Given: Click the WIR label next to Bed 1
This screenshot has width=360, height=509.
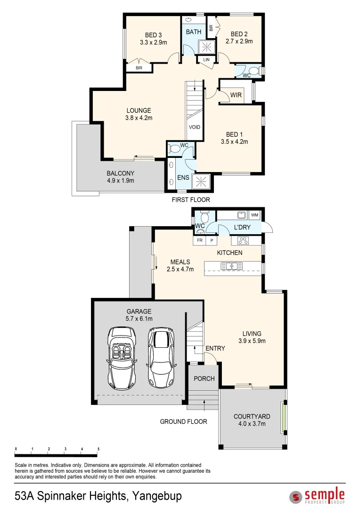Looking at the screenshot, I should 236,95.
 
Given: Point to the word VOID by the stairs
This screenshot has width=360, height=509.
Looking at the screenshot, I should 194,127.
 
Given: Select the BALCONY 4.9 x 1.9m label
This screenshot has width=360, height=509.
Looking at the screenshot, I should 120,177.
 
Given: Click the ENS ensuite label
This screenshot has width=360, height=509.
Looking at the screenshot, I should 183,178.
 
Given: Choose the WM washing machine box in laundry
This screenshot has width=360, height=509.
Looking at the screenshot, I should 255,215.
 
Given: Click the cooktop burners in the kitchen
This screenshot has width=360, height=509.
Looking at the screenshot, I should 243,240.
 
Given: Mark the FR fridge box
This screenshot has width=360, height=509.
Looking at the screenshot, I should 200,240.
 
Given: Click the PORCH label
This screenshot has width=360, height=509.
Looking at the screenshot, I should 204,378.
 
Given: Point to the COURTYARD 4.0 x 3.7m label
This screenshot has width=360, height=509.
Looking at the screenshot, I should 252,420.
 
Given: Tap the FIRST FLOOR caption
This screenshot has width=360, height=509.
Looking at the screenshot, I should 191,200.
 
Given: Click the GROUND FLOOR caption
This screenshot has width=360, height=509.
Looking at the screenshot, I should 183,421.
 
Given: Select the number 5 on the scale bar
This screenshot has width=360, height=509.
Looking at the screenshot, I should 98,449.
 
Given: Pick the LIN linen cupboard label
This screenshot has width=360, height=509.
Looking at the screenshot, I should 206,60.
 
